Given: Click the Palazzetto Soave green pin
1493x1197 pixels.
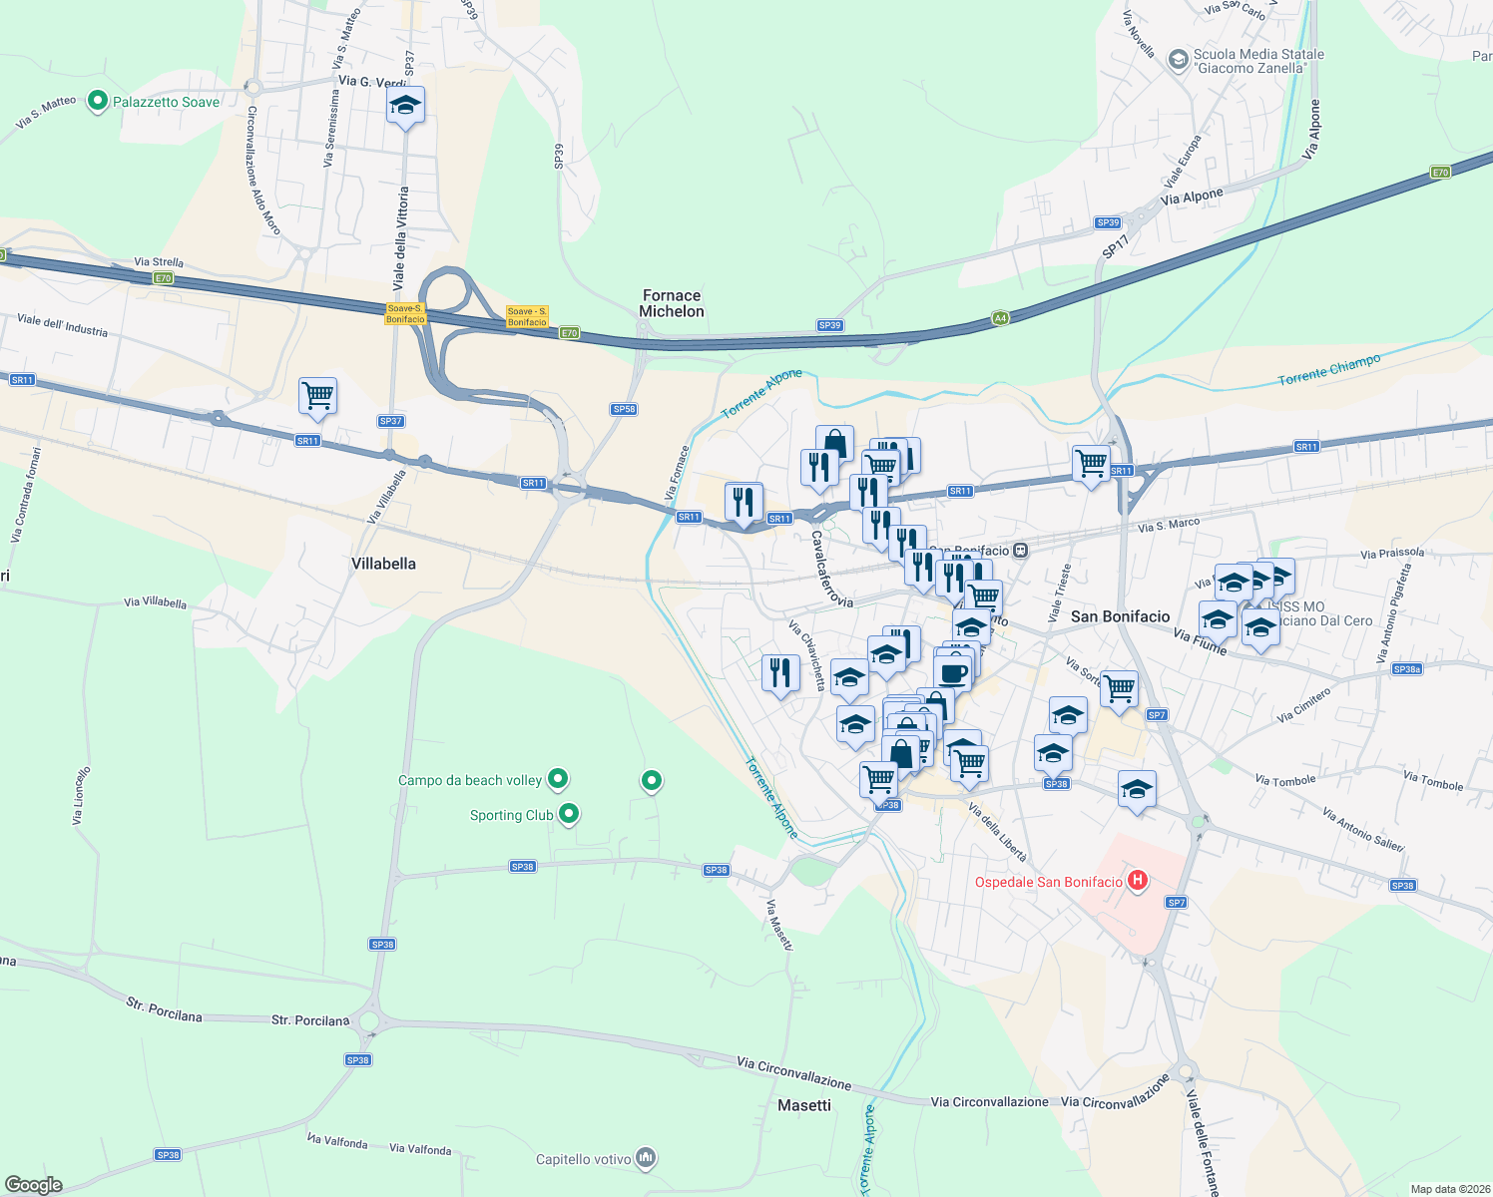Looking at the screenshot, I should coord(98,101).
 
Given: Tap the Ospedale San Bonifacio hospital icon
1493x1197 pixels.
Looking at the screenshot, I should coord(1136,881).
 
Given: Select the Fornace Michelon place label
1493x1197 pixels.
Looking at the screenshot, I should coord(672,303).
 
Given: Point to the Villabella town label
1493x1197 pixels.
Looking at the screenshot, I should coord(383,564).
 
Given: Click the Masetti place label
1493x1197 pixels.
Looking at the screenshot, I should coord(804,1105).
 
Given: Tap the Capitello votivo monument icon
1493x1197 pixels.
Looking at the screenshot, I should coord(646,1157).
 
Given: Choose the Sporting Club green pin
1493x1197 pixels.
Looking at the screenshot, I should coord(569,814).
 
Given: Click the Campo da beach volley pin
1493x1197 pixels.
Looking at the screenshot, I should coord(558,778).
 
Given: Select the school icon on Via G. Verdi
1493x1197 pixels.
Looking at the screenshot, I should coord(405,106).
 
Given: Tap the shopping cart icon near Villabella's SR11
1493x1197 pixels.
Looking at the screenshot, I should coord(317,396).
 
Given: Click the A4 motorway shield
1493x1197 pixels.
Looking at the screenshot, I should coord(1000,318).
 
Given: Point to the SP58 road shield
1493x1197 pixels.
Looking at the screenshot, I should coord(624,409).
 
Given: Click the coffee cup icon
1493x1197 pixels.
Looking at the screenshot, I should coord(953,671).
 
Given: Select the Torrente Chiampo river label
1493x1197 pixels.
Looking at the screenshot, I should coord(1329,369).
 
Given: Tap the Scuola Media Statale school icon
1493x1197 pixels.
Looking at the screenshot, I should coord(1178,60).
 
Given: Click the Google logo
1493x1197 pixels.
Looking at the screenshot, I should coord(33,1184).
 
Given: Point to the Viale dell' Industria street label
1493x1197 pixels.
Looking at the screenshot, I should coord(62,325).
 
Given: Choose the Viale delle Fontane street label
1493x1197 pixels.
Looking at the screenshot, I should coord(1203,1143).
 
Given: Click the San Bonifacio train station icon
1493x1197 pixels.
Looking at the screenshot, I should coord(1020,550).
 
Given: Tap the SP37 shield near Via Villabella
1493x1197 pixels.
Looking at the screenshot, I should coord(390,421).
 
